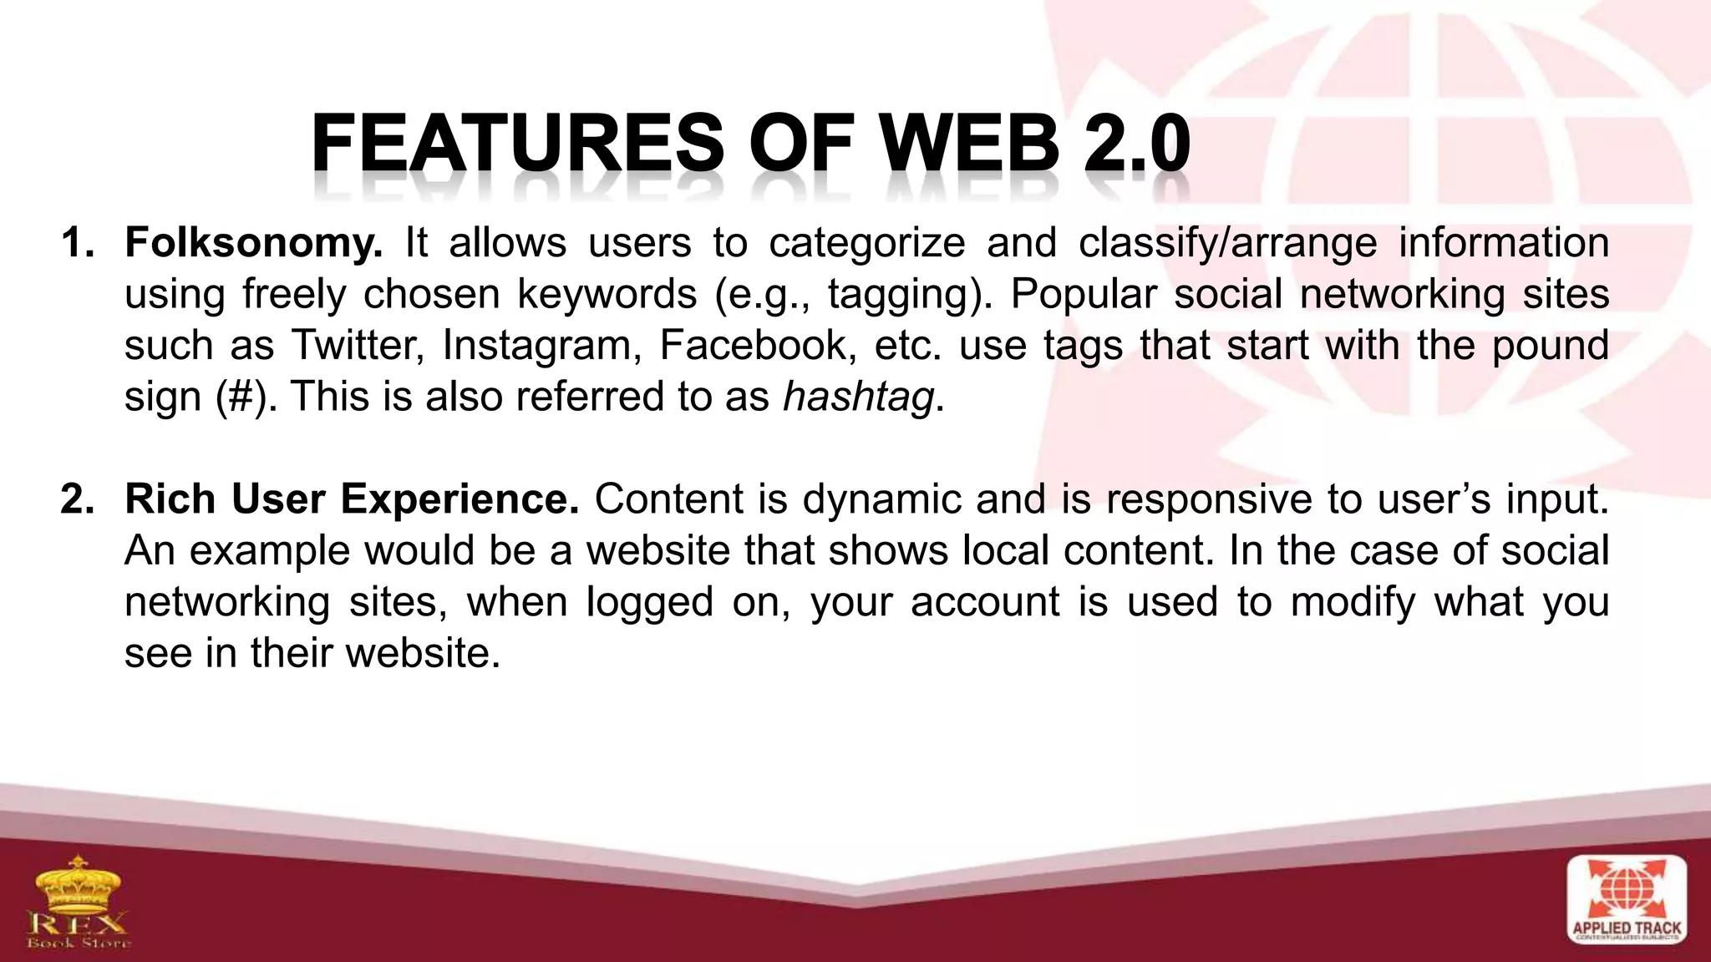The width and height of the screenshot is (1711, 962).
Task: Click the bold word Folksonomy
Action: click(253, 243)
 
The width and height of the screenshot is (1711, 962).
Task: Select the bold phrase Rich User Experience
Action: click(352, 499)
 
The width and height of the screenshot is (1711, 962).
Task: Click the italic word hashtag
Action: click(858, 397)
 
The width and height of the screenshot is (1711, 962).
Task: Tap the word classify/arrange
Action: click(1227, 243)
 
